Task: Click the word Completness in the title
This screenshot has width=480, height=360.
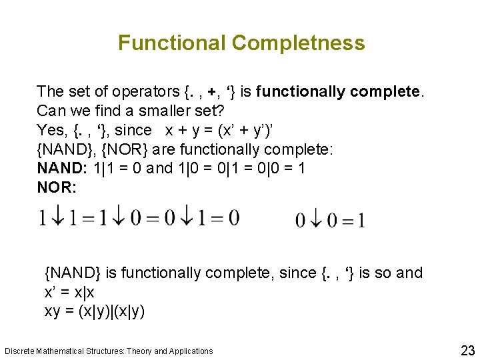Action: pos(298,43)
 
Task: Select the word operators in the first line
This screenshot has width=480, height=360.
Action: pos(145,91)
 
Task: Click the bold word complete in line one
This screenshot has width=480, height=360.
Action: pos(390,91)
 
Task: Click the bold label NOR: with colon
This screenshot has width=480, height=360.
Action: pos(57,188)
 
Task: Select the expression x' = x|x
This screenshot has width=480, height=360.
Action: pos(70,292)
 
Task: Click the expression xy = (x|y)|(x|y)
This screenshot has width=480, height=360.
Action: pos(95,311)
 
